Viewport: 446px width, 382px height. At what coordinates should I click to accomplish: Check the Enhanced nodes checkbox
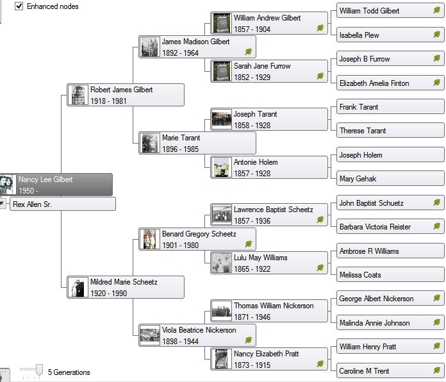pos(19,6)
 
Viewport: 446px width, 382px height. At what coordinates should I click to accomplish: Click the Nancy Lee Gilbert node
pos(58,185)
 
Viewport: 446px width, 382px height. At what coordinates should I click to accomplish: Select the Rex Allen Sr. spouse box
pos(63,204)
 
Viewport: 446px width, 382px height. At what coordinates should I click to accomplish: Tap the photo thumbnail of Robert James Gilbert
pos(78,95)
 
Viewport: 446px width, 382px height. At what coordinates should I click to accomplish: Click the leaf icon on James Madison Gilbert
pos(249,52)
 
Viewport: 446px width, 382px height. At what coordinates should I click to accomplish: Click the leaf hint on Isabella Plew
pos(437,35)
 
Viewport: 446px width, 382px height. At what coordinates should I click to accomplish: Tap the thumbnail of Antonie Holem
pos(222,167)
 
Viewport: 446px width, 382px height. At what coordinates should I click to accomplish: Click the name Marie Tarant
pos(181,138)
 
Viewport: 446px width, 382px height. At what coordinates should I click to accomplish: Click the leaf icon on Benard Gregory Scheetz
pos(249,244)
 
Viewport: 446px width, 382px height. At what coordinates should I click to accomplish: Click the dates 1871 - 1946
pos(252,317)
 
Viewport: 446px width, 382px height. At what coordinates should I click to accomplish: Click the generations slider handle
pos(38,370)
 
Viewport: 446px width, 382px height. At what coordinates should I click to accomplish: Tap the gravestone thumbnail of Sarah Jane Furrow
pos(222,71)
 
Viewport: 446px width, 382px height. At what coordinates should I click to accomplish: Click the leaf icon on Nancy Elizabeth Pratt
pos(320,364)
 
